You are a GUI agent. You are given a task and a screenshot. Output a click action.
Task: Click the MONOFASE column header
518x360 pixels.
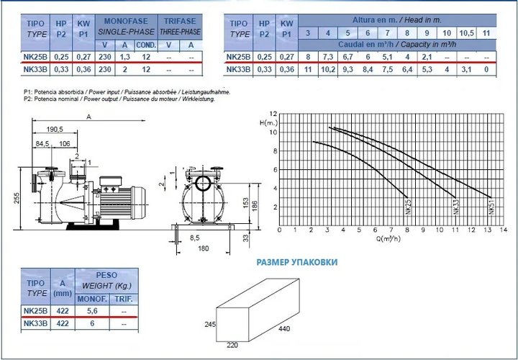click(x=126, y=21)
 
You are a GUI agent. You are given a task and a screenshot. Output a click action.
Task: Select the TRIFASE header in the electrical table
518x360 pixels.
click(x=180, y=21)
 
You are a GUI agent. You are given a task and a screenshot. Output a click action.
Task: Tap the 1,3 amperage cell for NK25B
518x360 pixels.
click(x=124, y=57)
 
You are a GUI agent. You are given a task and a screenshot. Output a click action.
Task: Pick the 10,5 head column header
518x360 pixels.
click(x=466, y=33)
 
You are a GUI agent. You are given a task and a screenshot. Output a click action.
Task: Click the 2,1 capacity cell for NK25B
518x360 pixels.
click(x=427, y=57)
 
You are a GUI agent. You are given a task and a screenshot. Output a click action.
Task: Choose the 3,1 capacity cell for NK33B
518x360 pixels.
click(x=466, y=69)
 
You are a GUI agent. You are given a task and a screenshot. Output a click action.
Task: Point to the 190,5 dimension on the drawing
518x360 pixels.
click(x=55, y=130)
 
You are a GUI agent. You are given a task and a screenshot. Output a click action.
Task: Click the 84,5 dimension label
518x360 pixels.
click(x=42, y=143)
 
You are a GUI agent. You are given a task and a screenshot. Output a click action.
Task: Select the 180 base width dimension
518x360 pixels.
click(x=204, y=248)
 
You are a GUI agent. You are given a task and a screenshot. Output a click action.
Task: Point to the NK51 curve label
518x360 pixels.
click(x=491, y=207)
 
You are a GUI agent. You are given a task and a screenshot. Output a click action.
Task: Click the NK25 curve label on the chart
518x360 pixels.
click(x=409, y=207)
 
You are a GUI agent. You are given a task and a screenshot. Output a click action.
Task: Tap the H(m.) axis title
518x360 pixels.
click(x=268, y=123)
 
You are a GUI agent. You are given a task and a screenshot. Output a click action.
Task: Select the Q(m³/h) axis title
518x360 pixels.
click(x=388, y=238)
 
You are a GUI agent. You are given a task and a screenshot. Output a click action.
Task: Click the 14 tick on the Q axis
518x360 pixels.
click(x=504, y=230)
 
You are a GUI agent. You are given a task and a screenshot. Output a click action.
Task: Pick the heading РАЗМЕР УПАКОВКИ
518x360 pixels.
click(x=297, y=262)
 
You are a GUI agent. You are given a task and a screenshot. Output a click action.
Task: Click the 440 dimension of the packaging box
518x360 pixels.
click(x=284, y=328)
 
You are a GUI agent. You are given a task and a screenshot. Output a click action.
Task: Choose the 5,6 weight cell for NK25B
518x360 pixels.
click(x=92, y=311)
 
